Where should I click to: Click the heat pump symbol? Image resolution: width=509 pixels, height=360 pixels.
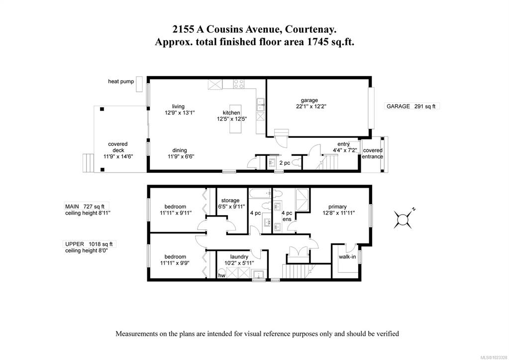(x=139, y=81)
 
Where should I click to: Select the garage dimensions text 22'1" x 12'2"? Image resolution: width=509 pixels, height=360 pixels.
(x=309, y=106)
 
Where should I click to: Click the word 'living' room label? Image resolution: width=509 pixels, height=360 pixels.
(x=178, y=106)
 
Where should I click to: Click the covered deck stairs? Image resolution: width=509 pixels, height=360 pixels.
(x=88, y=162)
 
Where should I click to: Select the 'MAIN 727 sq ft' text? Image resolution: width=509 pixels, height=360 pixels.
(x=88, y=206)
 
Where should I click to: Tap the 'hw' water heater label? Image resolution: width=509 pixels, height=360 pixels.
(x=221, y=275)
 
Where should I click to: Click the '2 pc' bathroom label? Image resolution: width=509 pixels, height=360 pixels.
(x=284, y=163)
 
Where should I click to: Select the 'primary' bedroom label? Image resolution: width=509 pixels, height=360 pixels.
(x=337, y=207)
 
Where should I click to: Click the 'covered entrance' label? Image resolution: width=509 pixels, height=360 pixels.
(x=373, y=153)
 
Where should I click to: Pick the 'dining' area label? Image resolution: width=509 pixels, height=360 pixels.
(x=180, y=150)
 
